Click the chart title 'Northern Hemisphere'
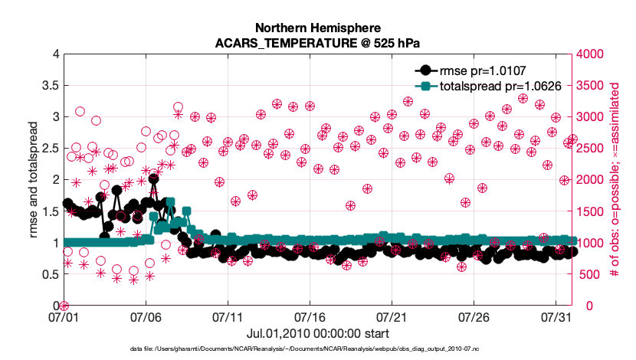click(318, 27)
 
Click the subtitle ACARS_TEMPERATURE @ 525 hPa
click(318, 41)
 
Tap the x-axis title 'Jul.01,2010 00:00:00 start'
click(318, 333)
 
